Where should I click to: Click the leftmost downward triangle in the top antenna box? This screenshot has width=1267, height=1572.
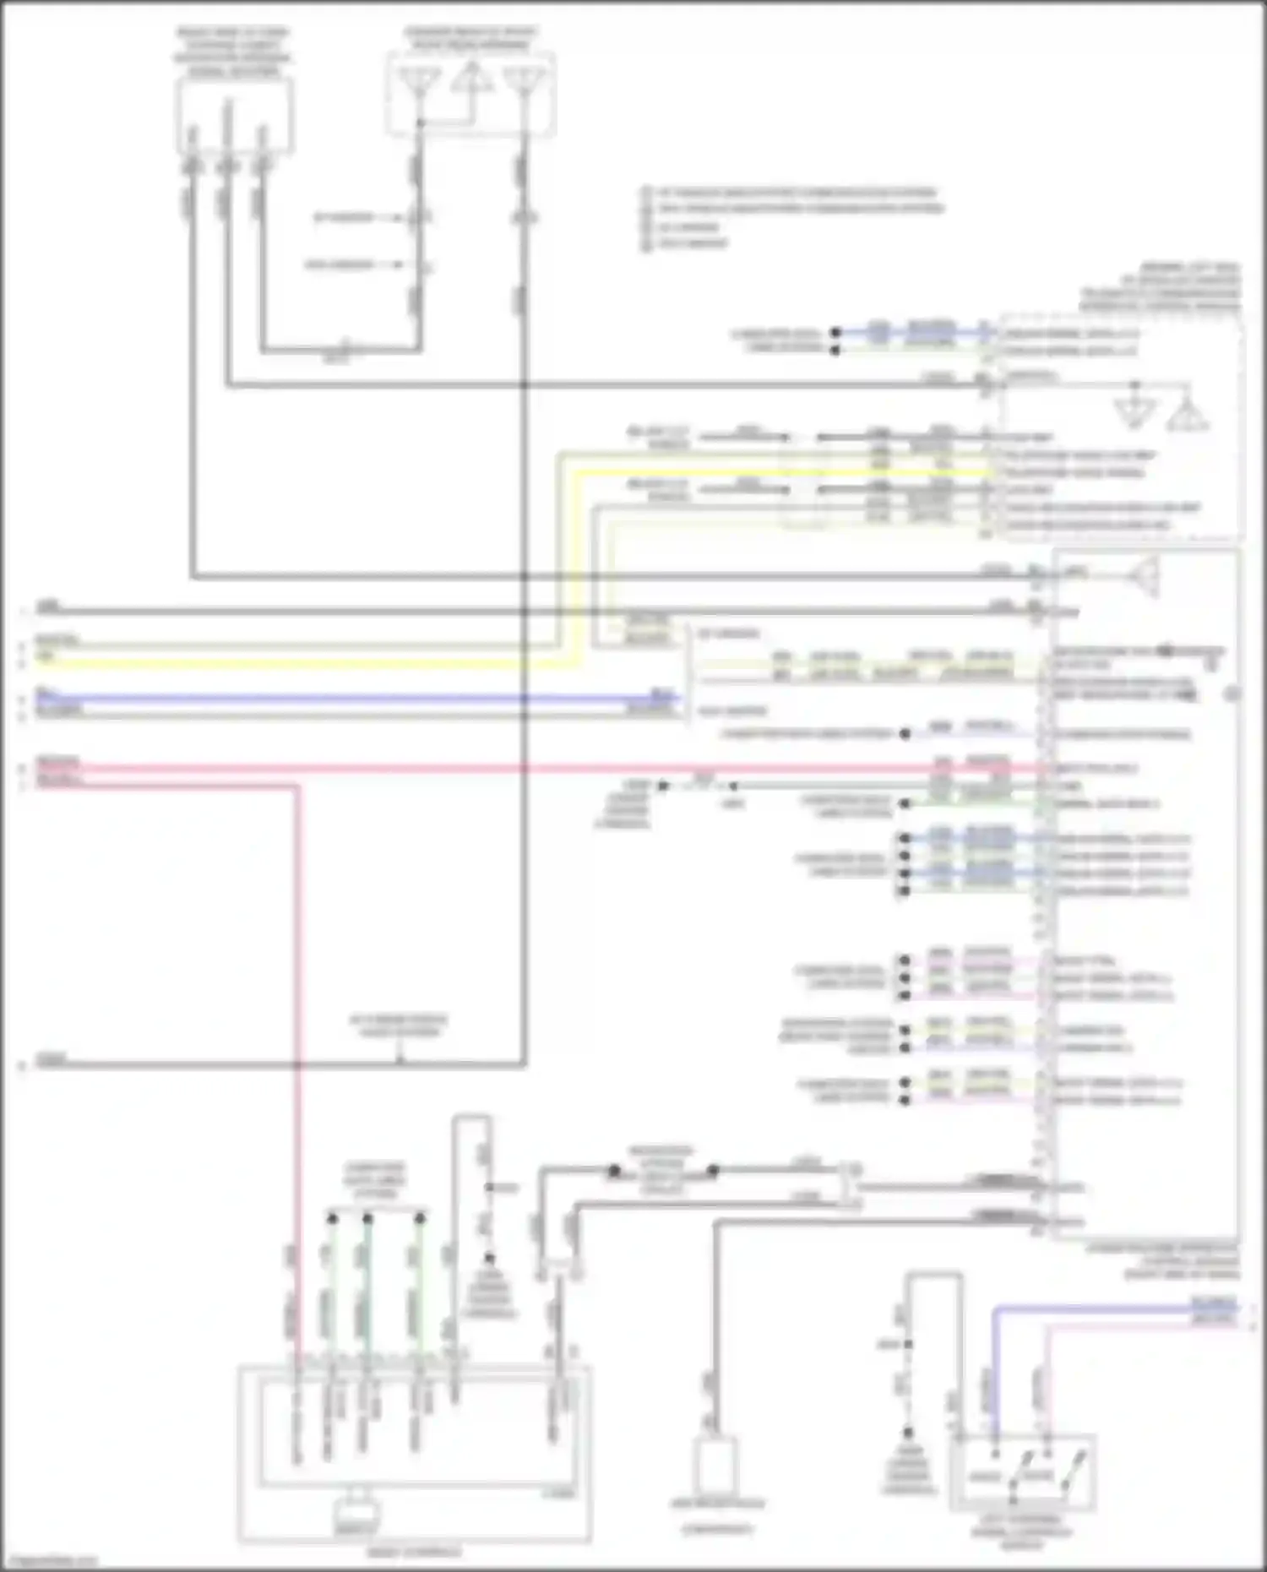coord(419,83)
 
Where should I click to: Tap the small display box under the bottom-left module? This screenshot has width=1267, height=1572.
coord(356,1518)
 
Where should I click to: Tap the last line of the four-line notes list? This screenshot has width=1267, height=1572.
coord(693,244)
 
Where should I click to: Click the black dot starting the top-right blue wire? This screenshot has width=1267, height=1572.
coord(835,332)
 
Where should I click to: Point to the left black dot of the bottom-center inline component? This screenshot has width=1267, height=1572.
coord(614,1171)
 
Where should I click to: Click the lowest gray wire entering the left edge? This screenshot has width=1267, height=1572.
coord(253,1065)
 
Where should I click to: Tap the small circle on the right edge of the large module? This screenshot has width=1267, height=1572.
coord(1232,694)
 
